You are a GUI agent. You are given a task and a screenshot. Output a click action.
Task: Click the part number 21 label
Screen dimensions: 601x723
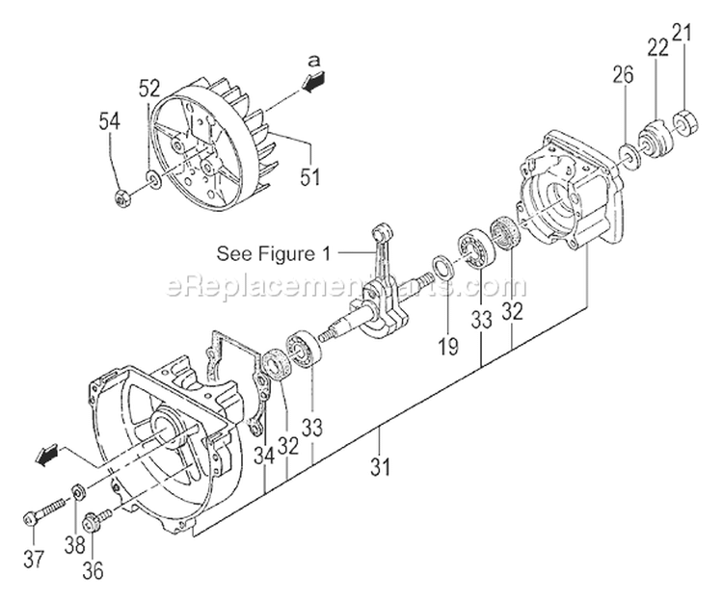pyautogui.click(x=683, y=35)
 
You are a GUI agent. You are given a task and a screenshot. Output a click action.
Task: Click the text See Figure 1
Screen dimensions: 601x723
pyautogui.click(x=273, y=255)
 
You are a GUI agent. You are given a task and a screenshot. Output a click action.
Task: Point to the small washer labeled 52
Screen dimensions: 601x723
pyautogui.click(x=153, y=178)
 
